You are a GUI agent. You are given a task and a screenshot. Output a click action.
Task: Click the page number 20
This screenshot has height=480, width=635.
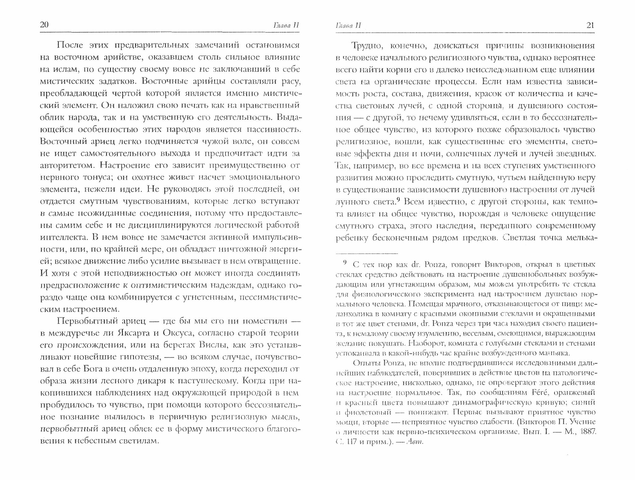click(44, 25)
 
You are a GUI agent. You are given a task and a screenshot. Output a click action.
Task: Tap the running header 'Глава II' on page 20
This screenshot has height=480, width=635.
click(286, 26)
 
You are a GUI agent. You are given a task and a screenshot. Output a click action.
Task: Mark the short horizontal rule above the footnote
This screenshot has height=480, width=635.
click(367, 254)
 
